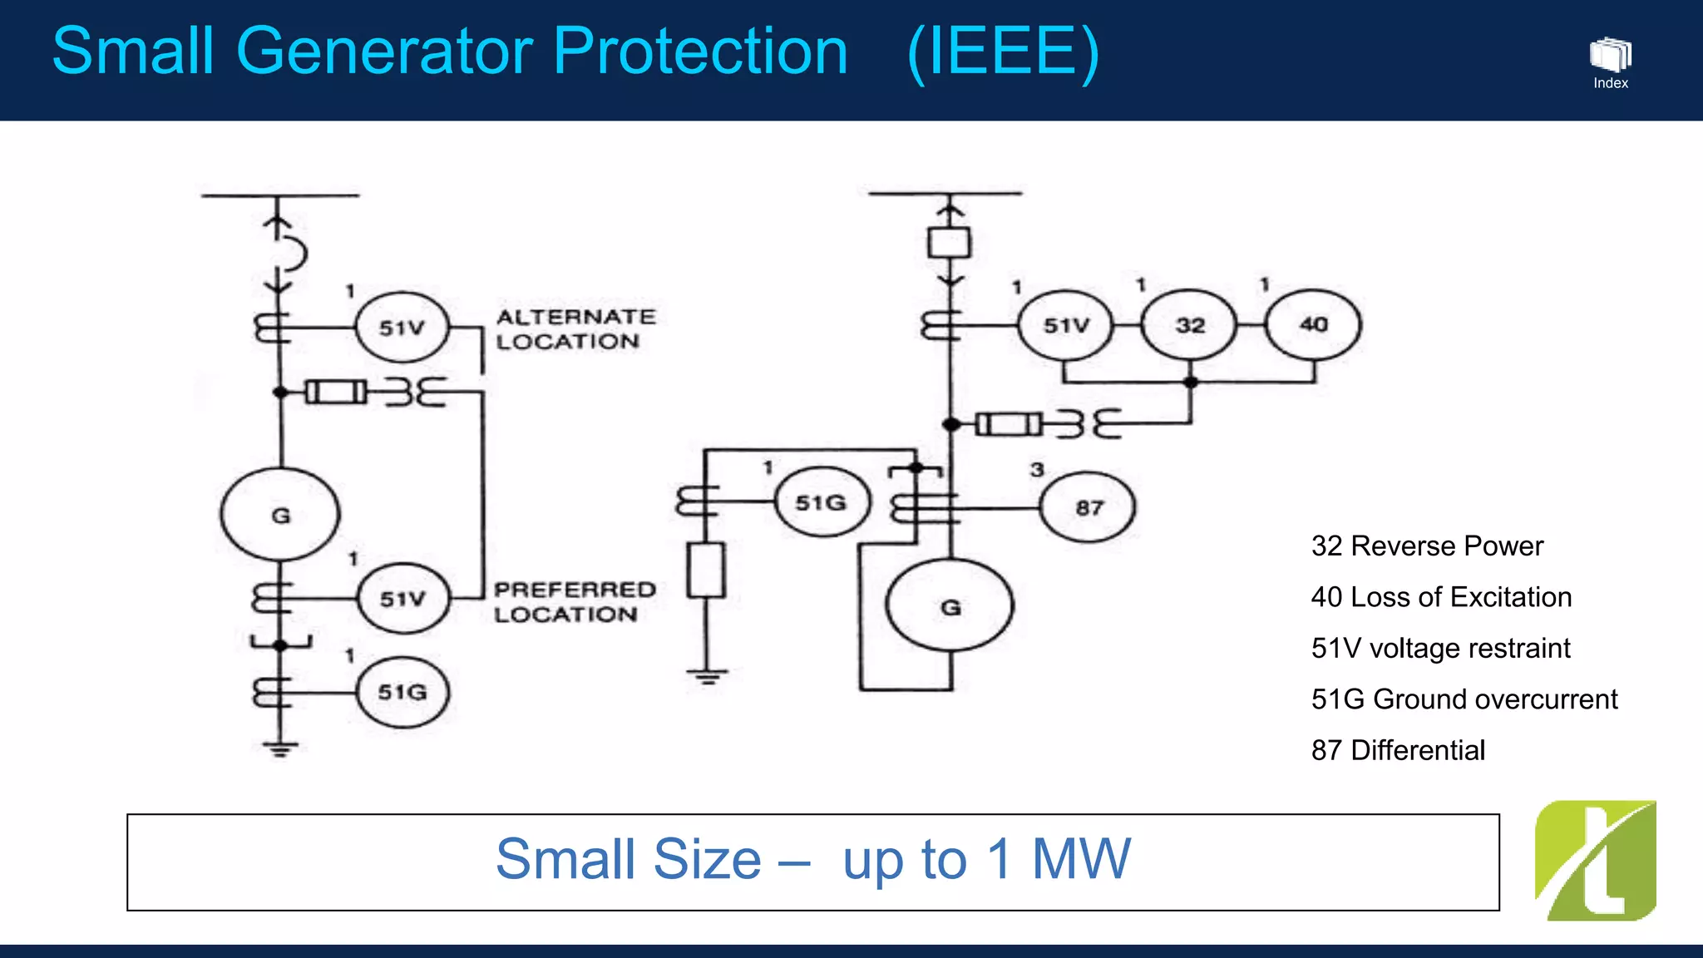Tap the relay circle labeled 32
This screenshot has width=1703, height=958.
tap(1190, 325)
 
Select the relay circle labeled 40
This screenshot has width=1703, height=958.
tap(1313, 324)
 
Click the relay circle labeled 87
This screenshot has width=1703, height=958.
tap(1088, 507)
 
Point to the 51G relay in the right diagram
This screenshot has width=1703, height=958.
tap(822, 502)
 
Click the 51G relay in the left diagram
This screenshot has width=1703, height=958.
tap(403, 692)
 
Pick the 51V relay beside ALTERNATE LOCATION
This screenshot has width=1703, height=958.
tap(402, 328)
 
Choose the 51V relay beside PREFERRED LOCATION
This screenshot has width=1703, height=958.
tap(403, 599)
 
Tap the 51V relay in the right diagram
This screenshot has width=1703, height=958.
tap(1066, 325)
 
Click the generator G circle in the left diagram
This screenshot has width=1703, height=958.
tap(280, 515)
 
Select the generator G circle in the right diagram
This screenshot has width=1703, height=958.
tap(950, 606)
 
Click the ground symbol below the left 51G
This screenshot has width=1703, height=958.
tap(280, 749)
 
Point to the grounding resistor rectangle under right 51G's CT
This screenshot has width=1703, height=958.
tap(706, 570)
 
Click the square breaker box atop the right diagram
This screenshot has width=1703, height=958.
tap(949, 243)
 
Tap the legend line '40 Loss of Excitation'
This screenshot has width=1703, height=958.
tap(1441, 597)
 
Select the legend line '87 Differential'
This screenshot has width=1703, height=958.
tap(1398, 750)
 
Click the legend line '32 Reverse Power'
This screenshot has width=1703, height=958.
tap(1427, 546)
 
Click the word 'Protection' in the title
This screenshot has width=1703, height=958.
tap(700, 52)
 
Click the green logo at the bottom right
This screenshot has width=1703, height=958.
tap(1595, 861)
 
